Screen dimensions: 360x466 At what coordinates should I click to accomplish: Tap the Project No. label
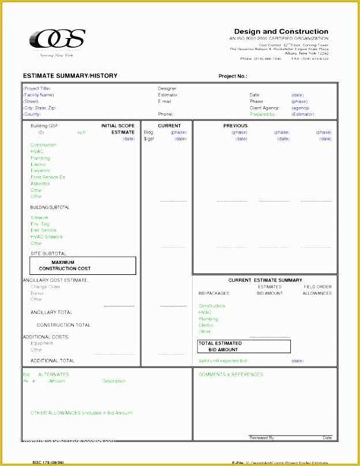(x=233, y=77)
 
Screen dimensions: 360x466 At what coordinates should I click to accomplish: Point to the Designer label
(x=167, y=88)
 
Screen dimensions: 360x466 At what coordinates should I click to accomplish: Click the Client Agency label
(x=262, y=107)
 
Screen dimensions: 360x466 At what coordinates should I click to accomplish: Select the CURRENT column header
(x=169, y=124)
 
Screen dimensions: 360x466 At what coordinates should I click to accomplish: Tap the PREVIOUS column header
(x=235, y=124)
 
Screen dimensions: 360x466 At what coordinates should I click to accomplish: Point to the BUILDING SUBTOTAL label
(x=50, y=207)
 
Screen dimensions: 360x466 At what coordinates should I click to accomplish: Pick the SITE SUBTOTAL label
(x=48, y=253)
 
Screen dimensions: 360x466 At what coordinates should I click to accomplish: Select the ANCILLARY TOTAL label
(x=52, y=312)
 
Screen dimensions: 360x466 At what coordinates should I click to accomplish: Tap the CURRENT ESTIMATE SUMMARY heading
(x=265, y=280)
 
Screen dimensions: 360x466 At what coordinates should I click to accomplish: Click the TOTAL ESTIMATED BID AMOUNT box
(x=243, y=346)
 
